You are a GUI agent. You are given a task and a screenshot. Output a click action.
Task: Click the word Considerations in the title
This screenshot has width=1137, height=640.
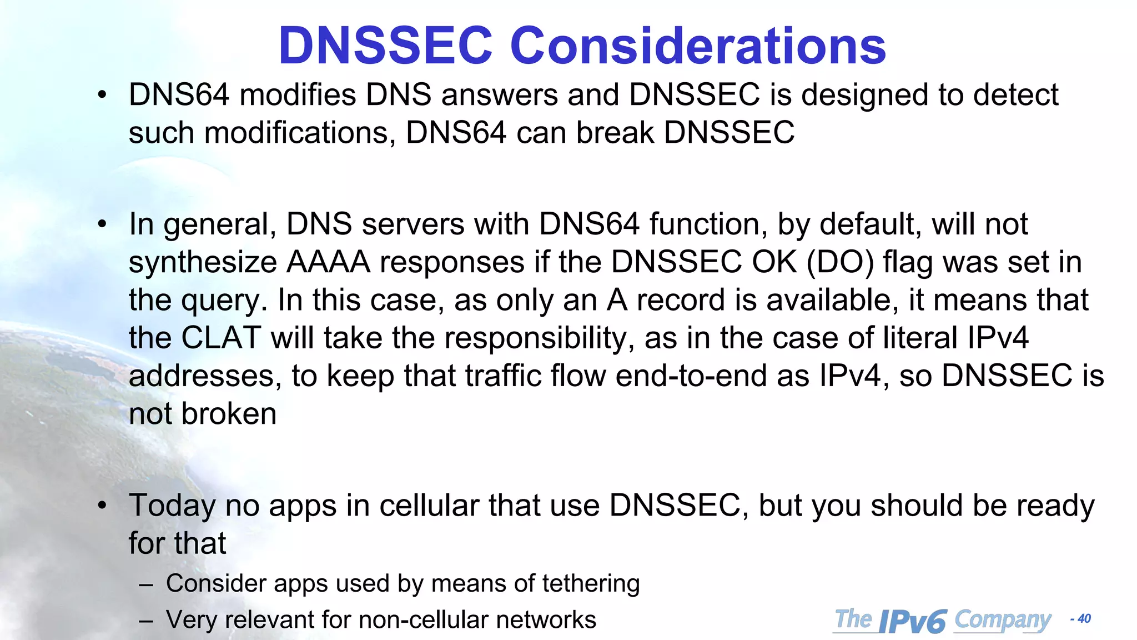tap(698, 46)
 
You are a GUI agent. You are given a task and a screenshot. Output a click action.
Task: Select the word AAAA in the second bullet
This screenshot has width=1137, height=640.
tap(328, 262)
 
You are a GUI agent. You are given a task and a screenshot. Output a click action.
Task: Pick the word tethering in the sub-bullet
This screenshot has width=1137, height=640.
tap(591, 583)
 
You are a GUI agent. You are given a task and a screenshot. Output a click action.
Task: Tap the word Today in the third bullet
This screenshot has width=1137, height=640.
tap(172, 506)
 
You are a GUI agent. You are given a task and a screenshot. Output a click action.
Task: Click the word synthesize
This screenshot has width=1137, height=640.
tap(203, 263)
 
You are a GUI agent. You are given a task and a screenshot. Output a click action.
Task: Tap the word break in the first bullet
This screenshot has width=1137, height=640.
tap(615, 133)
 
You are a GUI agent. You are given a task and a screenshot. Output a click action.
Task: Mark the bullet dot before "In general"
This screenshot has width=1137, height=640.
tap(102, 224)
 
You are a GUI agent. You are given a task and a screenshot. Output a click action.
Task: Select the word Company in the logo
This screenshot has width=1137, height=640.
tap(1003, 620)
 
